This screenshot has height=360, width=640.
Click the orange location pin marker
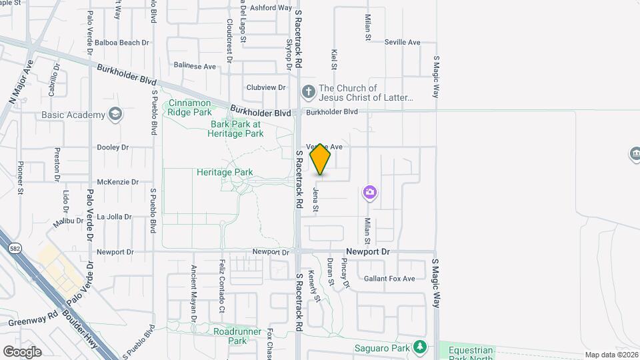[x=321, y=160]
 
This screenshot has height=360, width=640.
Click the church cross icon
[x=308, y=91]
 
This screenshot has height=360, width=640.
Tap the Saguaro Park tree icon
[x=419, y=347]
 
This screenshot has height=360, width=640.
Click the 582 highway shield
[x=15, y=248]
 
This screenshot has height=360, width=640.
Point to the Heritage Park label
[x=225, y=172]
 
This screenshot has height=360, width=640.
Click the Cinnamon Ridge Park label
[x=189, y=108]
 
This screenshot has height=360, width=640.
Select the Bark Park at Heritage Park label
[x=237, y=129]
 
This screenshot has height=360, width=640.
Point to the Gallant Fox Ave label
[x=389, y=279]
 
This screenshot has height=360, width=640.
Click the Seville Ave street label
[x=403, y=42]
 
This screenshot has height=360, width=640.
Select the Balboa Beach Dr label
[x=121, y=43]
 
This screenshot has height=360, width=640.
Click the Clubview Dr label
[x=265, y=87]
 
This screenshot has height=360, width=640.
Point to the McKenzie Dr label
[x=117, y=181]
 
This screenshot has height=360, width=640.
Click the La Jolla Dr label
[x=114, y=217]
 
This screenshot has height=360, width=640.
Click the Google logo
[x=22, y=352]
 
